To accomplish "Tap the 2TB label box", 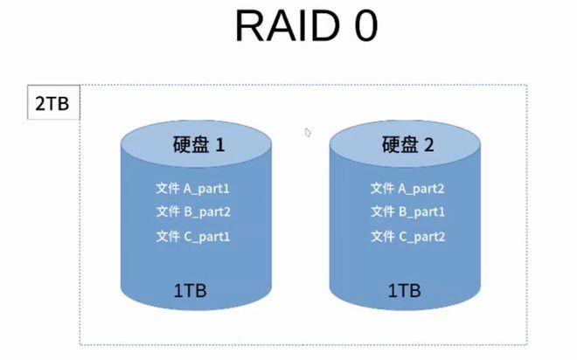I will point(52,104).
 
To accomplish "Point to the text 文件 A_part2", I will point(407,188).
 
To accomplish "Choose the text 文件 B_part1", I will point(407,211).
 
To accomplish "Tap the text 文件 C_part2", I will point(407,236).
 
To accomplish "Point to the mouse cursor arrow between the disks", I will point(308,133).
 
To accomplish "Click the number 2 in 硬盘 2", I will point(428,146).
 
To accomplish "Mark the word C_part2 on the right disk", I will point(421,236).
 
